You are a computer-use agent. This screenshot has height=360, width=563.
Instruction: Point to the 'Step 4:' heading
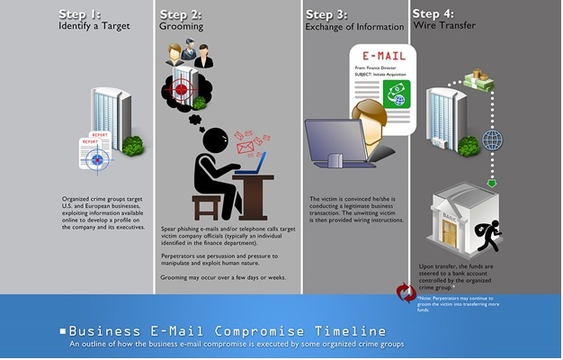439,14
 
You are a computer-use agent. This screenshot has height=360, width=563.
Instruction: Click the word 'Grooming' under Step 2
182,27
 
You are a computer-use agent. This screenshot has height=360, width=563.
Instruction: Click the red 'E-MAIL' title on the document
381,55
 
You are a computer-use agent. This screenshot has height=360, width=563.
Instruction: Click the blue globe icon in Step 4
492,141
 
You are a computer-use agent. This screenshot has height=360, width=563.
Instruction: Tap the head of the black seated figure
216,140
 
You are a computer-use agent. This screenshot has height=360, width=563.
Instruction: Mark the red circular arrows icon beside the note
407,293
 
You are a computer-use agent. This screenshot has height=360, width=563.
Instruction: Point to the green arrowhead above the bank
492,184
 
